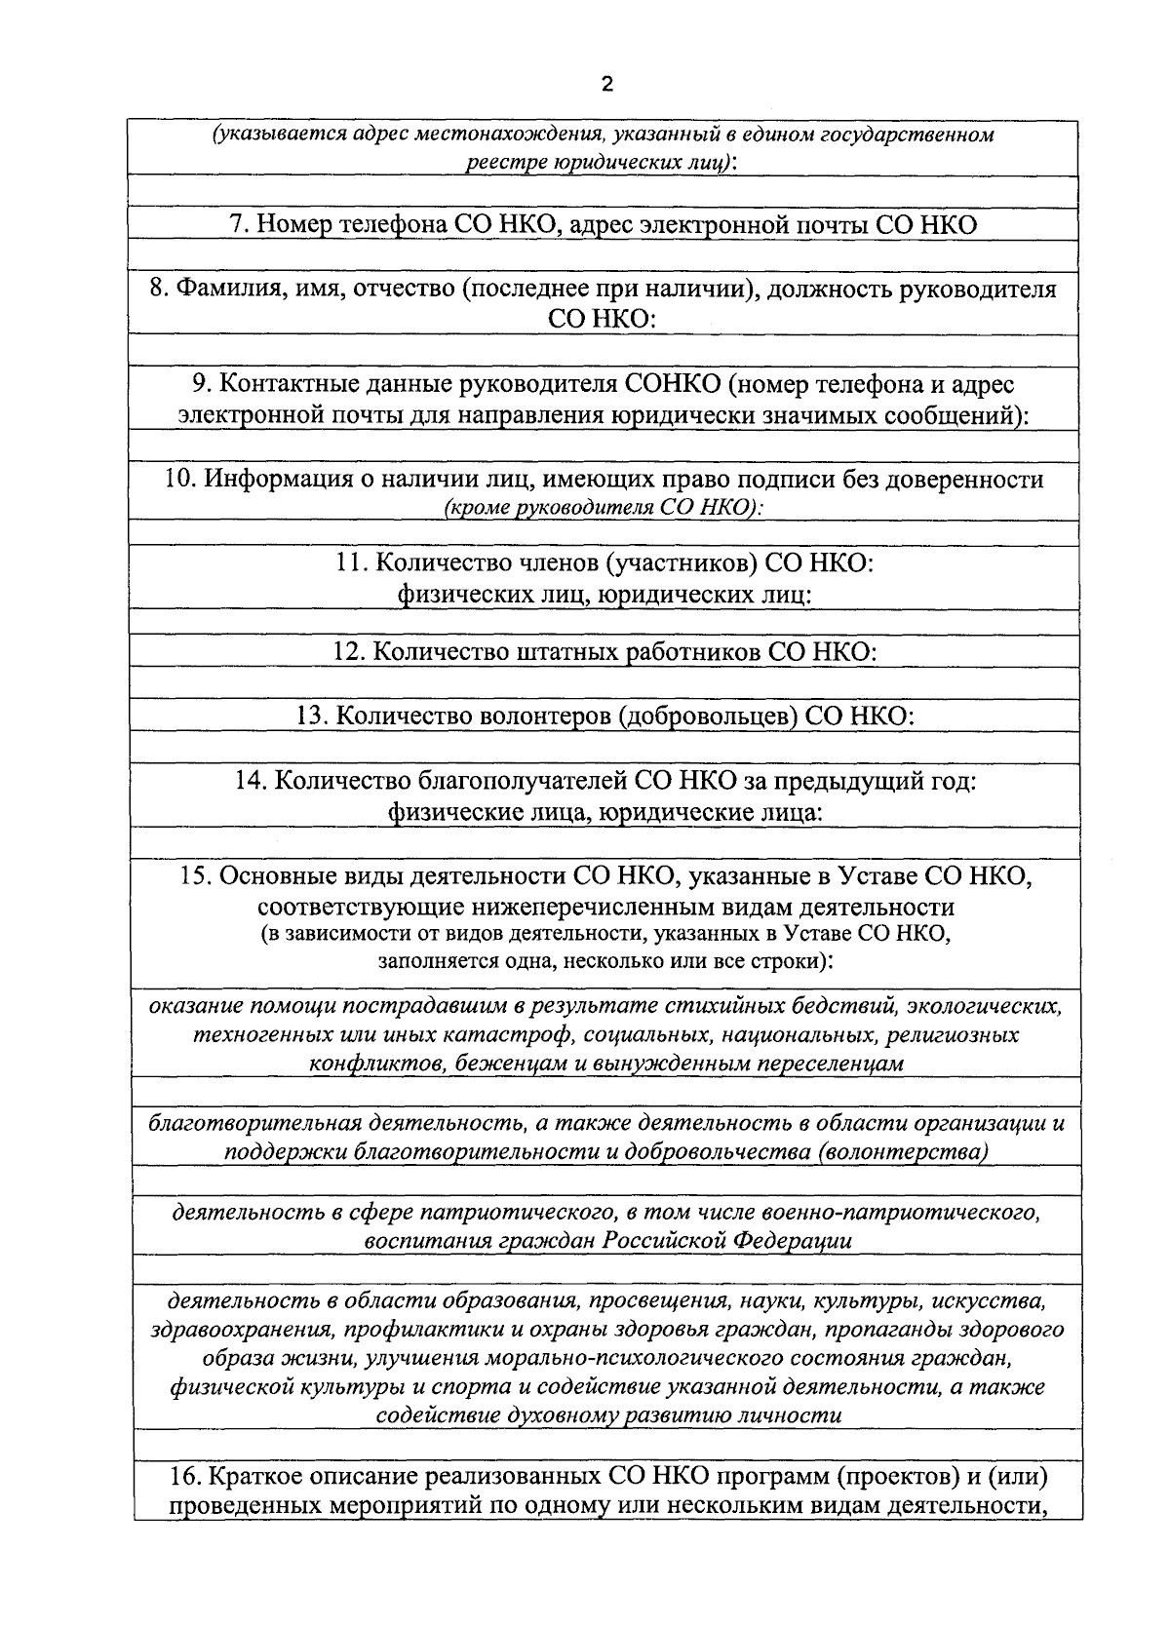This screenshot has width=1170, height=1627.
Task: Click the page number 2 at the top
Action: click(x=606, y=84)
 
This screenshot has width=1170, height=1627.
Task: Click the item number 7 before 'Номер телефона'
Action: click(x=235, y=224)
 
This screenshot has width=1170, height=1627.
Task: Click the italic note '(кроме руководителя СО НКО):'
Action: click(x=603, y=507)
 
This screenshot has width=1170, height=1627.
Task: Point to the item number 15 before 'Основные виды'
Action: click(x=197, y=875)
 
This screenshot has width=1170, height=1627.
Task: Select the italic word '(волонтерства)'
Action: click(x=904, y=1151)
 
